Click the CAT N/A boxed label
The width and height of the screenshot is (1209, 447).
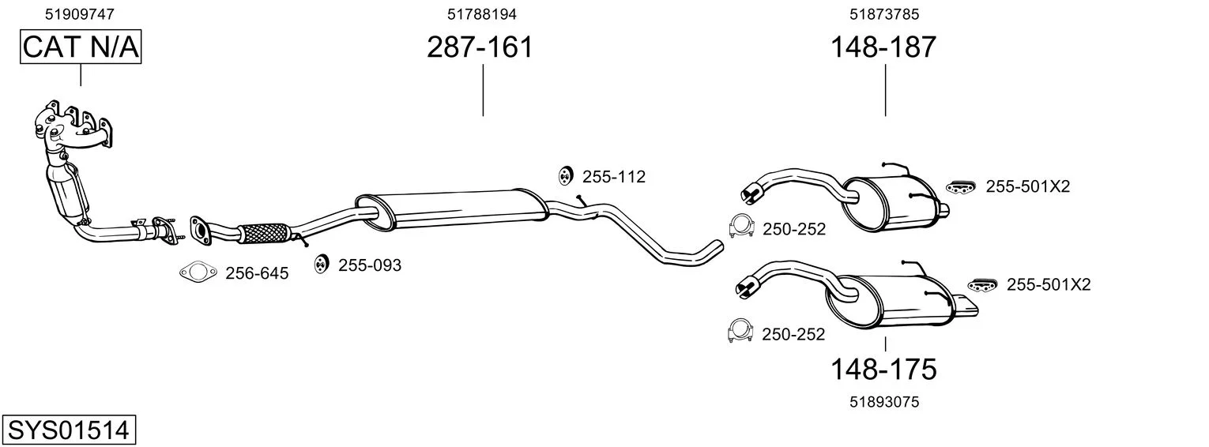pyautogui.click(x=81, y=47)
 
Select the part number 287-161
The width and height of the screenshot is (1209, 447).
pyautogui.click(x=480, y=47)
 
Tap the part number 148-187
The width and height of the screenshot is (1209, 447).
pyautogui.click(x=883, y=47)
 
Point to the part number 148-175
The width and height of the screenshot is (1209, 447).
pyautogui.click(x=883, y=370)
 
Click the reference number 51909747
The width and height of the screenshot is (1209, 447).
pyautogui.click(x=79, y=14)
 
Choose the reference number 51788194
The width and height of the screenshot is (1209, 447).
pyautogui.click(x=481, y=14)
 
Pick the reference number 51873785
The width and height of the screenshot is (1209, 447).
pyautogui.click(x=884, y=14)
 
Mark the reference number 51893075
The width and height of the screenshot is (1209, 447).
pyautogui.click(x=884, y=402)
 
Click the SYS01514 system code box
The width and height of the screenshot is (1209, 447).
pyautogui.click(x=69, y=430)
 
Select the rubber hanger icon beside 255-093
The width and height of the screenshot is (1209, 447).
pyautogui.click(x=321, y=264)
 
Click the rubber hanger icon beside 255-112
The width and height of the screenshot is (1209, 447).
pyautogui.click(x=565, y=175)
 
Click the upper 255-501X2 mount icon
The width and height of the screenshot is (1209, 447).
pyautogui.click(x=961, y=186)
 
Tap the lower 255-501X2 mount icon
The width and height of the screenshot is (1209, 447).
pyautogui.click(x=982, y=285)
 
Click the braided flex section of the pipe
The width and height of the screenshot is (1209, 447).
pyautogui.click(x=262, y=234)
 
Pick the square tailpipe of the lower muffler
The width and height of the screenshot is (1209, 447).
pyautogui.click(x=965, y=304)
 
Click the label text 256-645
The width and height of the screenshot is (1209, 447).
pyautogui.click(x=257, y=273)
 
